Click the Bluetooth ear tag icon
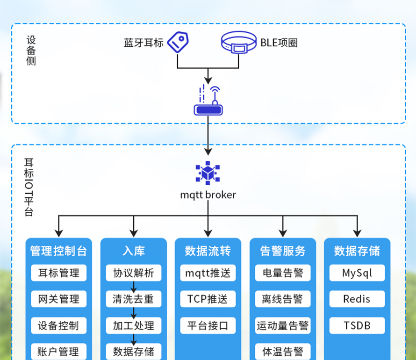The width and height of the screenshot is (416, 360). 178,42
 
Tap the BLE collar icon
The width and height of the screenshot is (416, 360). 238,43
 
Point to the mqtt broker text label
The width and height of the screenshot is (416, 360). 208,195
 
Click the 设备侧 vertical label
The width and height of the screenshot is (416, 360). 31,50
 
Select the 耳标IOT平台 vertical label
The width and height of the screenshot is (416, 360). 29,187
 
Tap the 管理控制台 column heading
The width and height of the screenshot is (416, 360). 58,251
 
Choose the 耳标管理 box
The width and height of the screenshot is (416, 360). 58,273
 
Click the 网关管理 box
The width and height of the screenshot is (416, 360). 58,299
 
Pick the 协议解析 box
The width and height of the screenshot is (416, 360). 133,273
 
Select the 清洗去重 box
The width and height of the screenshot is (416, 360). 133,299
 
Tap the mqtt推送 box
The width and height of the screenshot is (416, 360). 208,273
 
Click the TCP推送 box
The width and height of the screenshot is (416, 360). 208,299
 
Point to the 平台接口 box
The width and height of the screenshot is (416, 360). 208,325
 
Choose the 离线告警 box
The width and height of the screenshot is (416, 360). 282,299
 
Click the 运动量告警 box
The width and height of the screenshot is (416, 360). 282,325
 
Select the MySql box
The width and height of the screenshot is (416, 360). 357,273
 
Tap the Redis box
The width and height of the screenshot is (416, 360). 357,299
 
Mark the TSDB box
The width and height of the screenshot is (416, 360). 357,325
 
